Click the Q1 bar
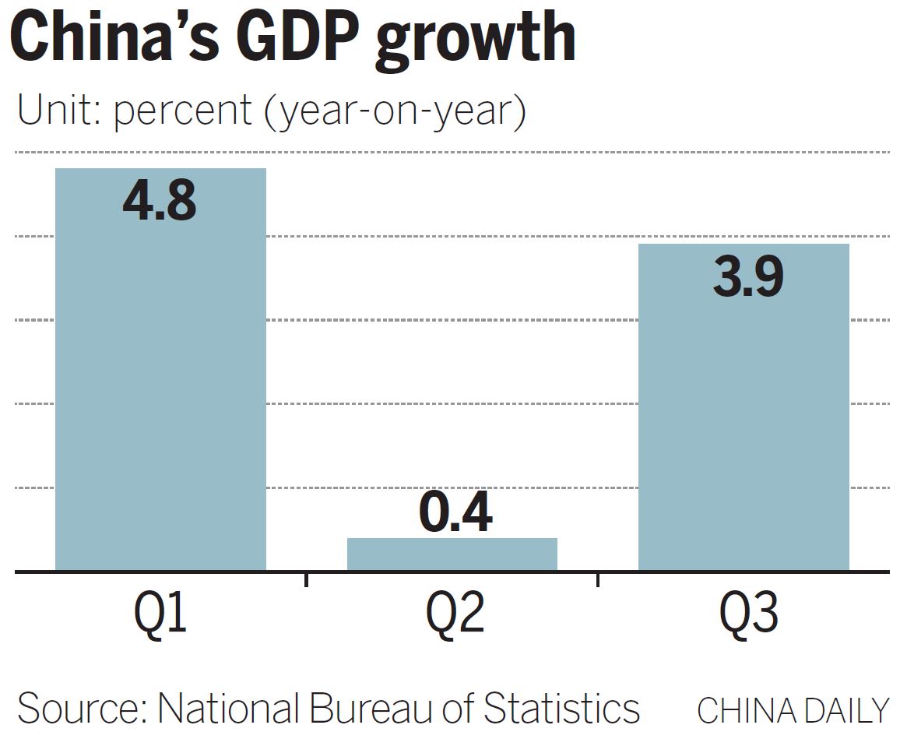point(160,389)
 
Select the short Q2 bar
point(452,554)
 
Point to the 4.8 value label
point(160,201)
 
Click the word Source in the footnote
point(79,709)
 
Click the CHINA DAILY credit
point(793,711)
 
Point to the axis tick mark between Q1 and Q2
point(306,579)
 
